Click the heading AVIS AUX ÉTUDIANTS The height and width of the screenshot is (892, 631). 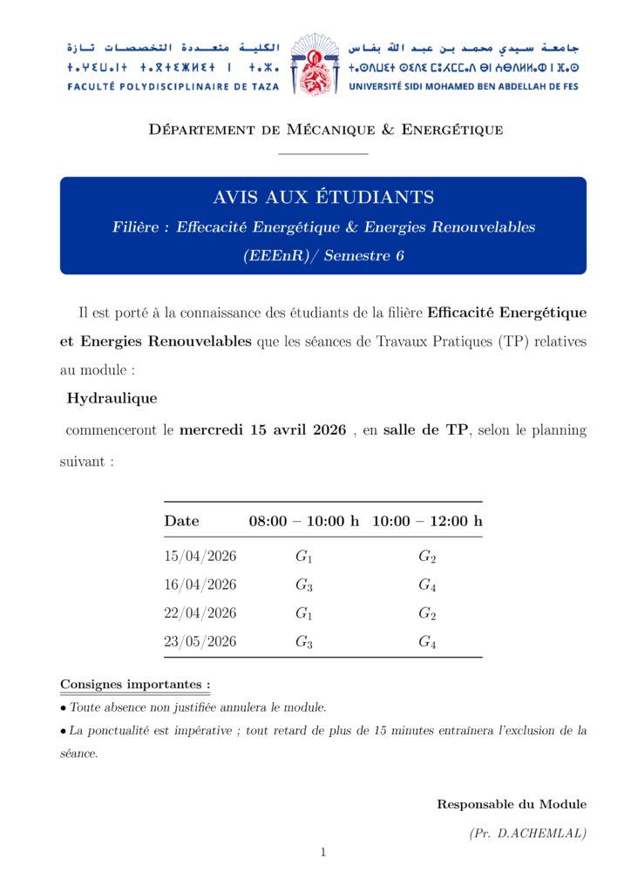323,197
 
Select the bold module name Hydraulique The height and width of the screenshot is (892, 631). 112,399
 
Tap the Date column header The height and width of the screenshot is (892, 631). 181,521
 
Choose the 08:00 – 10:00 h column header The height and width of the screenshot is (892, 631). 304,521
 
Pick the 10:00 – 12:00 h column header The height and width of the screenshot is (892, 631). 427,521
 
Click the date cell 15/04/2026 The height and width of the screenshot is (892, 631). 200,557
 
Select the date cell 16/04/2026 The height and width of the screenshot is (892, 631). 200,585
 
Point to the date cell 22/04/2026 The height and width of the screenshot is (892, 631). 200,613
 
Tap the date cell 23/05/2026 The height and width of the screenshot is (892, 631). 200,642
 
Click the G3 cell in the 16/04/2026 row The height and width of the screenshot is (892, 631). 304,585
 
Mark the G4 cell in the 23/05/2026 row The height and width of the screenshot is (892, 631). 427,643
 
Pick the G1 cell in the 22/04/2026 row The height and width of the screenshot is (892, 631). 304,614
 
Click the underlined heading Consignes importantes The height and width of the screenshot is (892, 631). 135,685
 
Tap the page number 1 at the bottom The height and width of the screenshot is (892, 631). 322,852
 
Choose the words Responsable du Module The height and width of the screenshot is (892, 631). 512,804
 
